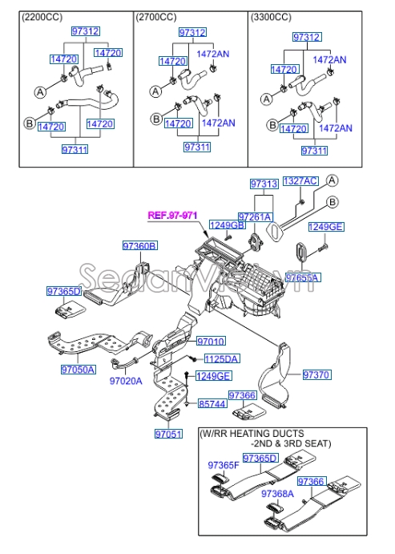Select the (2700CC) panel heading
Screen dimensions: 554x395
[158, 16]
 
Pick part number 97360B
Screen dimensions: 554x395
[139, 245]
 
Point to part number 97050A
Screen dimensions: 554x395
[78, 370]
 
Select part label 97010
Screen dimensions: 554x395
[211, 342]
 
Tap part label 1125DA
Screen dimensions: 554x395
[221, 358]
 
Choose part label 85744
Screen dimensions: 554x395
[212, 404]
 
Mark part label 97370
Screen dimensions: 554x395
[316, 374]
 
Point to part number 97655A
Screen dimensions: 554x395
[303, 277]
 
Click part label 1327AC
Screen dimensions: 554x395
[300, 182]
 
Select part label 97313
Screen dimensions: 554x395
[263, 184]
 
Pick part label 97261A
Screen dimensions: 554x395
[255, 217]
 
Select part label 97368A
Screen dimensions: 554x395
[276, 494]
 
